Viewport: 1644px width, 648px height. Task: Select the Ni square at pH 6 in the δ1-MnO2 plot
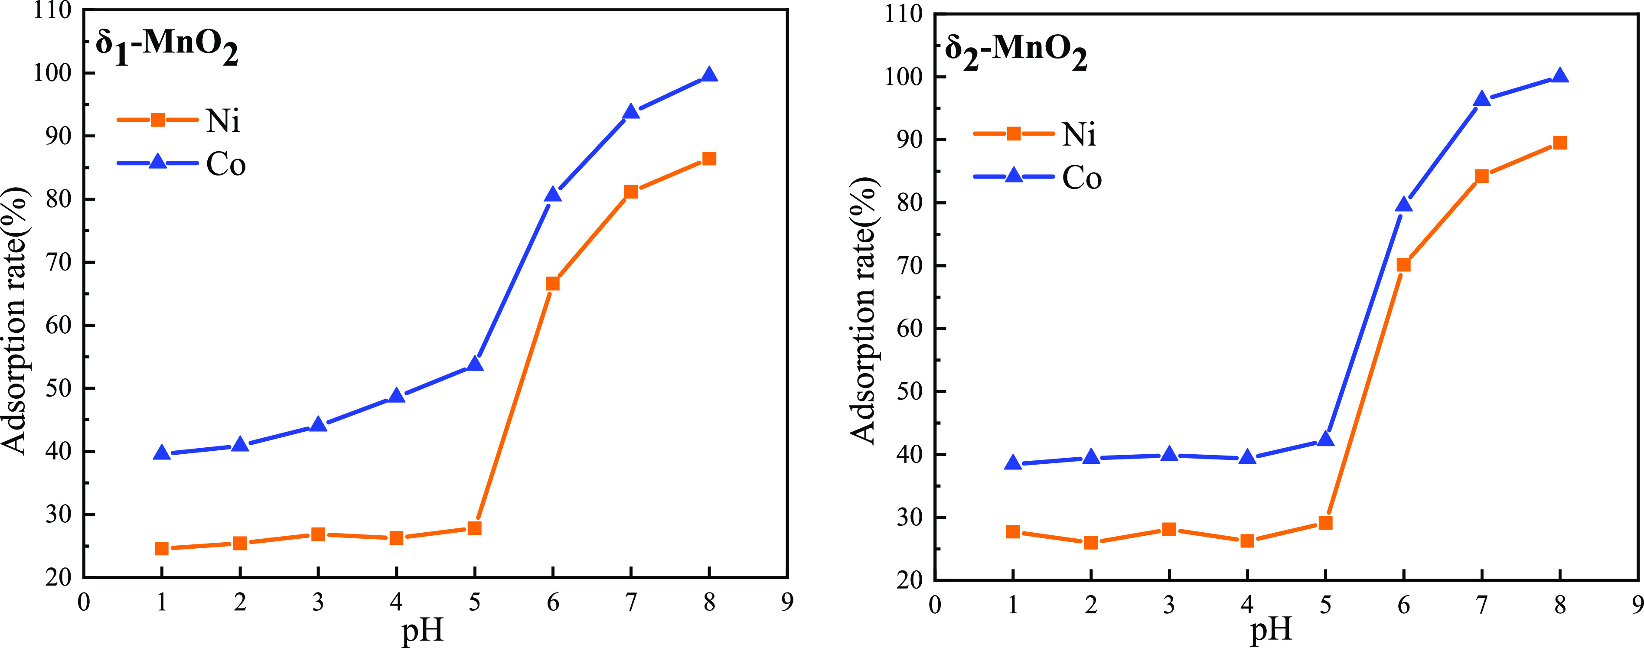[553, 283]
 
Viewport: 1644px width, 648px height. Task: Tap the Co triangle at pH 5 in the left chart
[474, 364]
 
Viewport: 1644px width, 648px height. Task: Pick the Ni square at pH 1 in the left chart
[161, 548]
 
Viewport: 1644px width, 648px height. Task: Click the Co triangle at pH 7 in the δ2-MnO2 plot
[1482, 99]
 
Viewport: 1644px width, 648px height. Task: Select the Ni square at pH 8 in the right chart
[1560, 143]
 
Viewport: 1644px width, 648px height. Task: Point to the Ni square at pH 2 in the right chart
[1091, 543]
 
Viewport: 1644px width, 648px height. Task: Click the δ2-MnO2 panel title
[1016, 52]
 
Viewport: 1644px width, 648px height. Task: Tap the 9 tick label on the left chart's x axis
[788, 602]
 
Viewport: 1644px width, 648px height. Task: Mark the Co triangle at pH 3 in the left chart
[318, 425]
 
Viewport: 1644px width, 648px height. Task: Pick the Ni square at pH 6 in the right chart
[1403, 265]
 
